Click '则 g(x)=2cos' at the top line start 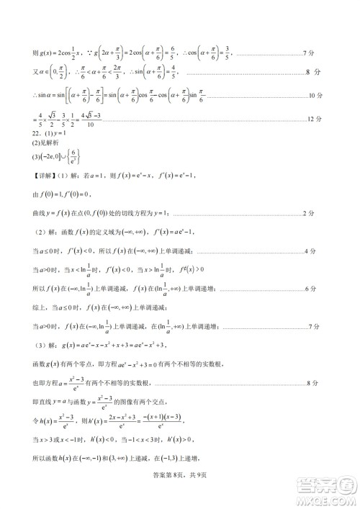(53, 53)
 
